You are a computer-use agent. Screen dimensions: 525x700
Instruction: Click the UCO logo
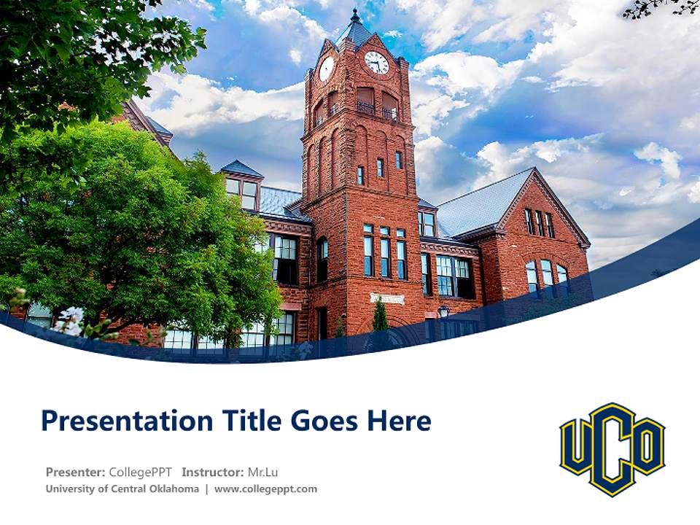612,449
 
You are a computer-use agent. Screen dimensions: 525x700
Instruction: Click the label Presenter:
75,472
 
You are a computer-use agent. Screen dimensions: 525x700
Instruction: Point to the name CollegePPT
141,472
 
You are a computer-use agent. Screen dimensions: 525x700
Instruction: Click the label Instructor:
213,472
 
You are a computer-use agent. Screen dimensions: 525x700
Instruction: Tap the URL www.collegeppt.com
265,489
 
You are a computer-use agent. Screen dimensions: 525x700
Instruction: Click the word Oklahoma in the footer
172,489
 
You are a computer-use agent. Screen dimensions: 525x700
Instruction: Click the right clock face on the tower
376,63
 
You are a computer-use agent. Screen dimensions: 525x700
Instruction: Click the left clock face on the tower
326,69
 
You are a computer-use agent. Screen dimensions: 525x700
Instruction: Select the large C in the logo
612,449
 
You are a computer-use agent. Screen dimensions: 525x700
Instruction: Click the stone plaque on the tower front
386,297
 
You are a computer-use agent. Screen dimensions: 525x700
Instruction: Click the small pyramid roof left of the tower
241,169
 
